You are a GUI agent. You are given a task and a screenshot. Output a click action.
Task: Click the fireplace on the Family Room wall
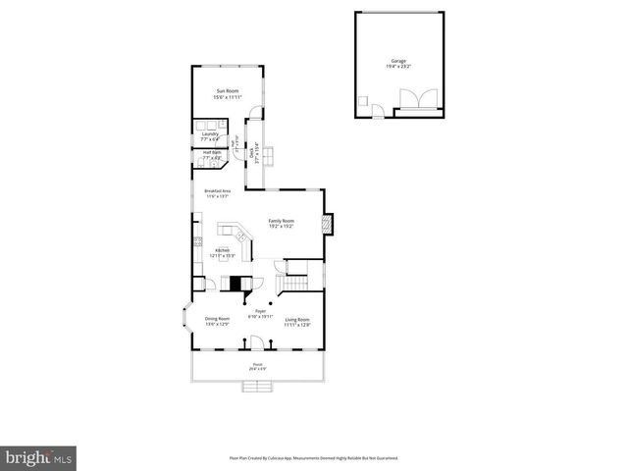pyautogui.click(x=331, y=225)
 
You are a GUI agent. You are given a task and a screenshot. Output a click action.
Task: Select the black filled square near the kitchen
pyautogui.click(x=235, y=283)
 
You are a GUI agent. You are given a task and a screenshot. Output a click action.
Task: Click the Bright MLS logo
pyautogui.click(x=39, y=457)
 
